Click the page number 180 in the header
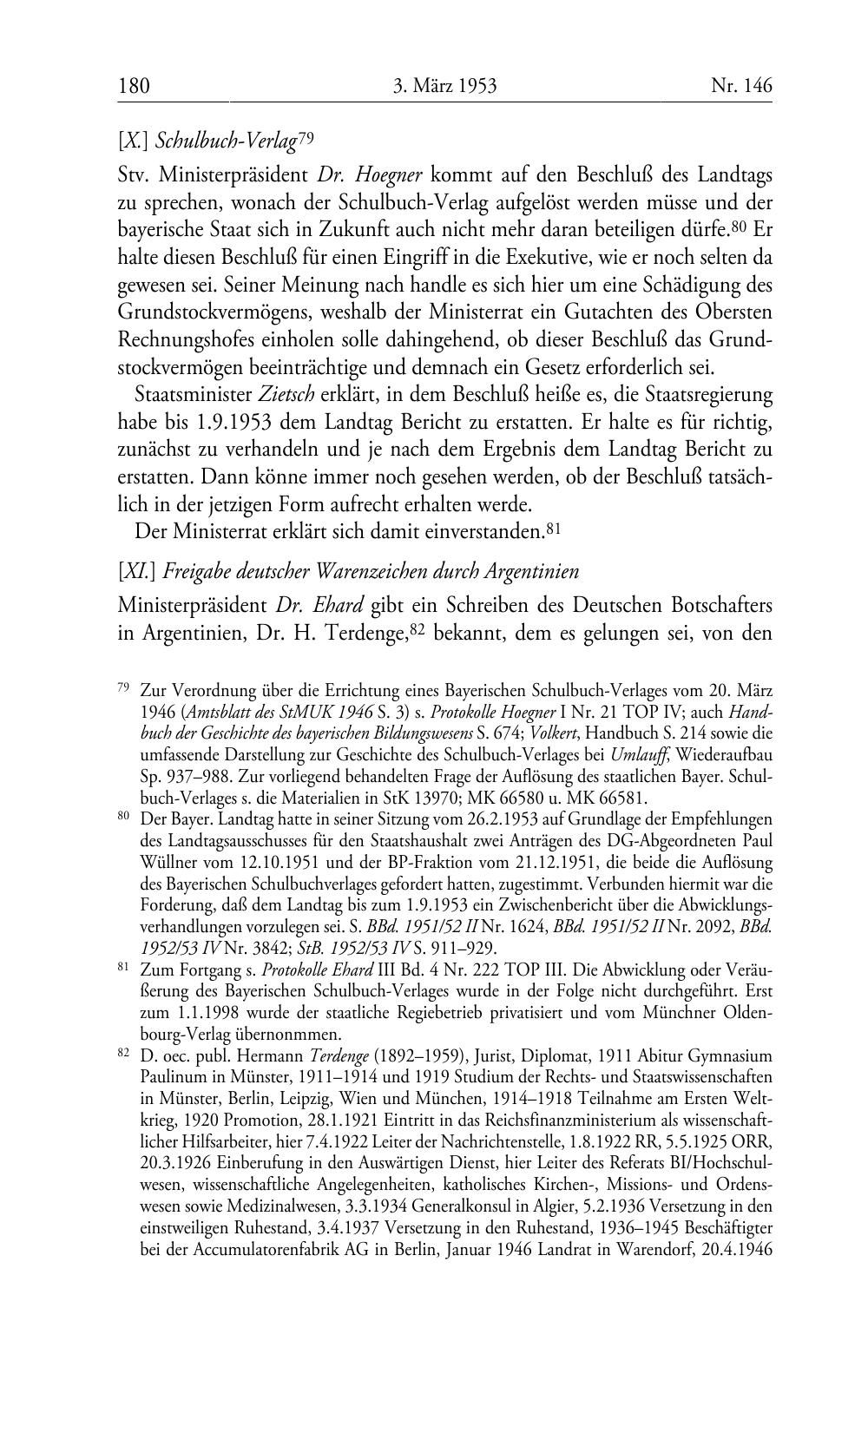(x=134, y=86)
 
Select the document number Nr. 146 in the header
(x=741, y=86)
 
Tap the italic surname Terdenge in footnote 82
(x=338, y=1056)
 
